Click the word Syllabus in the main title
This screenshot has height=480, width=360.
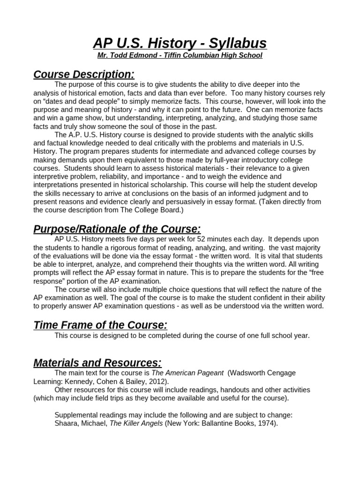click(239, 43)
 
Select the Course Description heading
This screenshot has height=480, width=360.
click(84, 75)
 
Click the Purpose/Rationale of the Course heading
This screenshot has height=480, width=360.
click(117, 229)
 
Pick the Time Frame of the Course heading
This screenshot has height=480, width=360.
click(100, 325)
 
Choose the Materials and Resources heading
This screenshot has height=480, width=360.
click(97, 363)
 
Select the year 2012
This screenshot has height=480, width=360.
click(150, 382)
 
